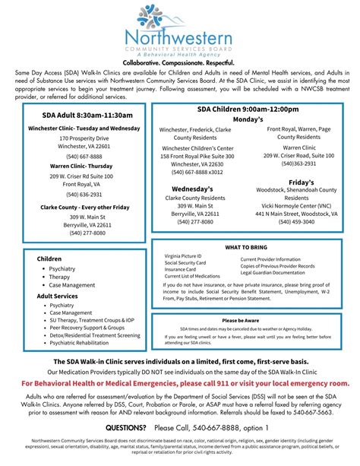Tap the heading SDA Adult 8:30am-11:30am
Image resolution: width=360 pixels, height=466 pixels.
click(84, 115)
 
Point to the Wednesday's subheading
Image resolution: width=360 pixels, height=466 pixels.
click(192, 188)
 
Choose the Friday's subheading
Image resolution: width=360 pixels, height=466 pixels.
click(301, 182)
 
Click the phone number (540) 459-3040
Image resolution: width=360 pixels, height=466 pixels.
click(301, 221)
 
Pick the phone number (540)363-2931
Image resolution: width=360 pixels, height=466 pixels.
click(299, 163)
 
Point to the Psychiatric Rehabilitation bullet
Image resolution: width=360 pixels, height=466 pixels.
click(84, 343)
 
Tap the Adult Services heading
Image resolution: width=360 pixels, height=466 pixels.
click(58, 296)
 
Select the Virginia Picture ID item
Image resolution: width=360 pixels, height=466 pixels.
click(183, 257)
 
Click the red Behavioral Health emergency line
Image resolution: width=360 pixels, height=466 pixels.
click(180, 384)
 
